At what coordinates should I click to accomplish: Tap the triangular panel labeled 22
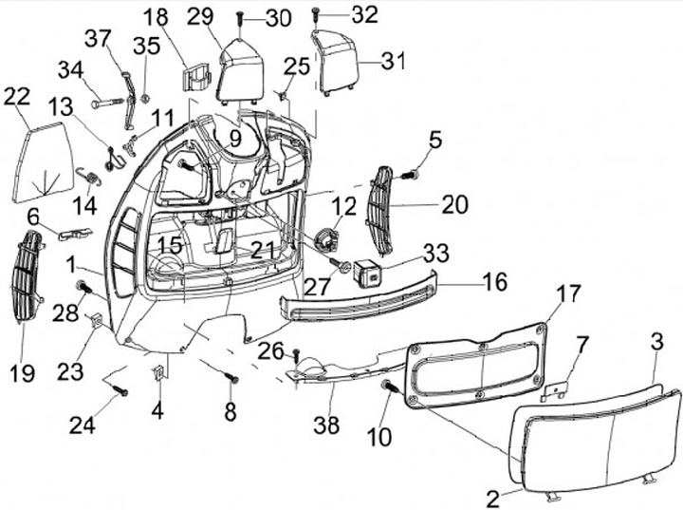(45, 163)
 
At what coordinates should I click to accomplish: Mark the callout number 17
(566, 295)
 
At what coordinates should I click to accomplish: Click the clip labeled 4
(157, 372)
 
